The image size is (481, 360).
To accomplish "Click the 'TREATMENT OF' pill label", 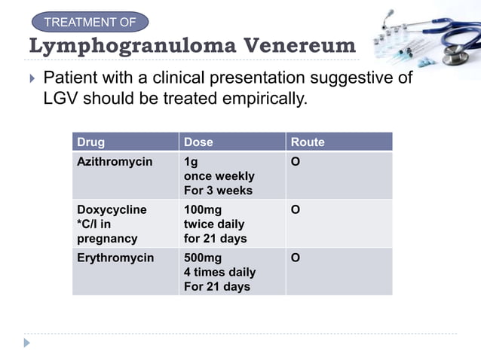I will pos(90,22).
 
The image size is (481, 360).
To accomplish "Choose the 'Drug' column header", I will pos(91,142).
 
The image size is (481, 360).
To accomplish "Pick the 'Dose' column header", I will pos(199,142).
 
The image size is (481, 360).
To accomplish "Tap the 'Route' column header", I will pos(308,142).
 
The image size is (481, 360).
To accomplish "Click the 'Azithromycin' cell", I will pos(115,162).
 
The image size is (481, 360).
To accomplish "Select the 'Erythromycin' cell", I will pos(115,258).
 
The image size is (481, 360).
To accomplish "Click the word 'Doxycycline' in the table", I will pos(112,209).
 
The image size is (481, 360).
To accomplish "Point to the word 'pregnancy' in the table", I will pos(107,239).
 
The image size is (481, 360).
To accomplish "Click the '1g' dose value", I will pos(191,162).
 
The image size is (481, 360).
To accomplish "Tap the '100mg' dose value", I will pos(203,209).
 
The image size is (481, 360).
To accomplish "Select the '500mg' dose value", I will pos(203,258).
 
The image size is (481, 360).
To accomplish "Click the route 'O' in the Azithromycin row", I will pos(296,162).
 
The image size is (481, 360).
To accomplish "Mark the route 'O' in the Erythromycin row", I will pos(296,258).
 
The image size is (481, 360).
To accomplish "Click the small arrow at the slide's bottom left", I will pos(27,343).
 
